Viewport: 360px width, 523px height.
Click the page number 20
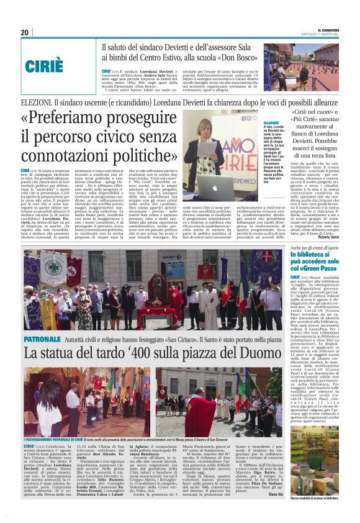tap(25, 32)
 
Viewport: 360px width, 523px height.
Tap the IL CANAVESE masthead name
tap(330, 30)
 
